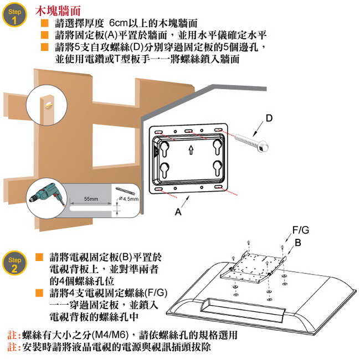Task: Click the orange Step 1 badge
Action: click(x=14, y=16)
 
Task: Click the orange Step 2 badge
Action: click(x=14, y=264)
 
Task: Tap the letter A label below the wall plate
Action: click(x=178, y=212)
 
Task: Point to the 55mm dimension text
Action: click(x=91, y=198)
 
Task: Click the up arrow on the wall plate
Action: click(x=190, y=148)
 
